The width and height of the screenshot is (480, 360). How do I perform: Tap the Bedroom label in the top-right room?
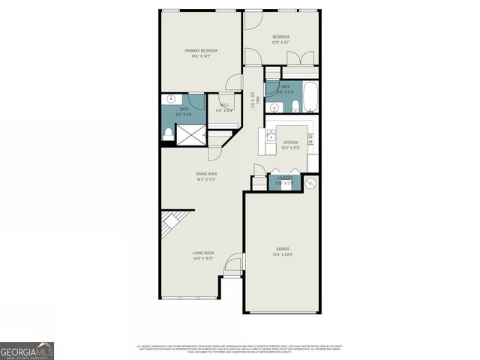click(x=280, y=37)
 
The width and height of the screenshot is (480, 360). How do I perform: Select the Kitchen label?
click(x=290, y=142)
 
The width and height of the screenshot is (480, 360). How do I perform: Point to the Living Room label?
click(x=202, y=253)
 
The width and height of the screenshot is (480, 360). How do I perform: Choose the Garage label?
click(x=282, y=249)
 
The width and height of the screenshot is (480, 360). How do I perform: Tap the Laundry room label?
click(x=285, y=178)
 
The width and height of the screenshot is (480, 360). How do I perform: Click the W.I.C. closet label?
click(x=224, y=105)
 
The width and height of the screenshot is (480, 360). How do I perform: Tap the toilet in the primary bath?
click(x=168, y=133)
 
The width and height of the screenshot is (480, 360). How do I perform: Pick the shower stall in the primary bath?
click(x=191, y=133)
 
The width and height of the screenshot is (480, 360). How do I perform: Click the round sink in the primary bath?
click(x=171, y=99)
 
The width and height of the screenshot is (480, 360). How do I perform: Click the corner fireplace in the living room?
click(x=170, y=223)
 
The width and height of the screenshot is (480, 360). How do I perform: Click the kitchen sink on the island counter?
click(x=271, y=136)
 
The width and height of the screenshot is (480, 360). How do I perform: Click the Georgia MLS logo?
click(x=27, y=350)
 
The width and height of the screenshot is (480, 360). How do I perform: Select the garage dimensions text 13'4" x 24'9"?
click(x=282, y=255)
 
